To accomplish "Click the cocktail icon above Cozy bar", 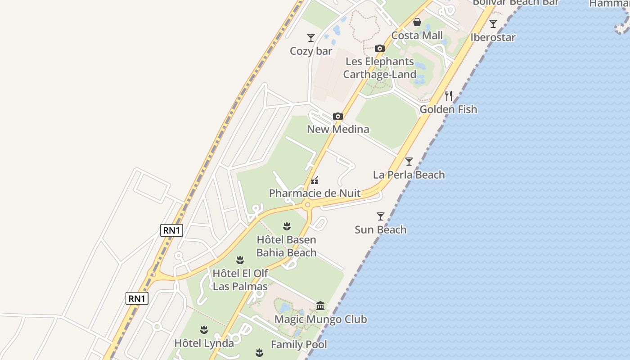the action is (x=310, y=38).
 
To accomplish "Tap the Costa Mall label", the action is (x=417, y=35).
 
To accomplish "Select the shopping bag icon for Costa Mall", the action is (x=417, y=22).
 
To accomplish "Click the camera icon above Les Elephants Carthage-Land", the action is (x=379, y=48).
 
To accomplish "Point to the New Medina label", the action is (x=338, y=129).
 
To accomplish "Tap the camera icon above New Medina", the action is (x=338, y=117).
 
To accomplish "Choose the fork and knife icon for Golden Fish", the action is (x=448, y=96).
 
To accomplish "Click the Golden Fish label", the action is (x=448, y=109).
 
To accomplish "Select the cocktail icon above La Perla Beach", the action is (x=409, y=162).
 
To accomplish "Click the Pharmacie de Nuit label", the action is (x=315, y=193).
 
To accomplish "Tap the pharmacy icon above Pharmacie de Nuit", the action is (x=315, y=180).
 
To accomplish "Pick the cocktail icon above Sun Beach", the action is (x=381, y=216).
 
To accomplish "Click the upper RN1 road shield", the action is (x=171, y=230).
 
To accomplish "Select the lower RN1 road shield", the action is (x=137, y=298).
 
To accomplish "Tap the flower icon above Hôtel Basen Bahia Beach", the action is (x=287, y=225).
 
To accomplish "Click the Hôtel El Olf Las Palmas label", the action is (x=240, y=280).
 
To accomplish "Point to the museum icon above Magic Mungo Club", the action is (x=320, y=306).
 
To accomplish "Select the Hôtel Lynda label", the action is (x=204, y=343).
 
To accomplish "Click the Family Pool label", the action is (x=299, y=345).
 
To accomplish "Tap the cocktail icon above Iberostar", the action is (x=493, y=24).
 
